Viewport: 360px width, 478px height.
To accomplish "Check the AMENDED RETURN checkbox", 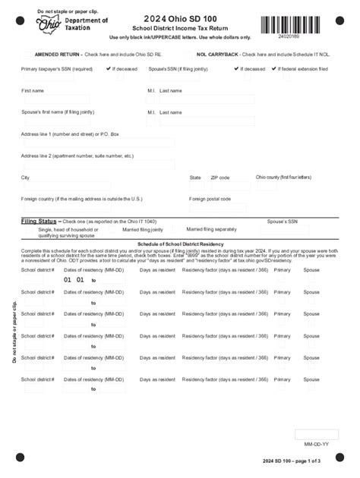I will (28, 55).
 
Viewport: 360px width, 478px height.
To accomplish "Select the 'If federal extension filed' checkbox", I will (276, 68).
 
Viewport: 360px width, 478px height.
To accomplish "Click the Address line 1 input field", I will (97, 143).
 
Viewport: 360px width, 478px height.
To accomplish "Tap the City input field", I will (97, 186).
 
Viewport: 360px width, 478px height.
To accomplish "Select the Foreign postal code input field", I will (220, 207).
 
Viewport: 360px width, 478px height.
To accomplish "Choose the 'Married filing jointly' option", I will (143, 229).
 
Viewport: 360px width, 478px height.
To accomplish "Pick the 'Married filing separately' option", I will (211, 228).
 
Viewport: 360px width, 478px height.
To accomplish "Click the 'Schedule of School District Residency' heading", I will (180, 244).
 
